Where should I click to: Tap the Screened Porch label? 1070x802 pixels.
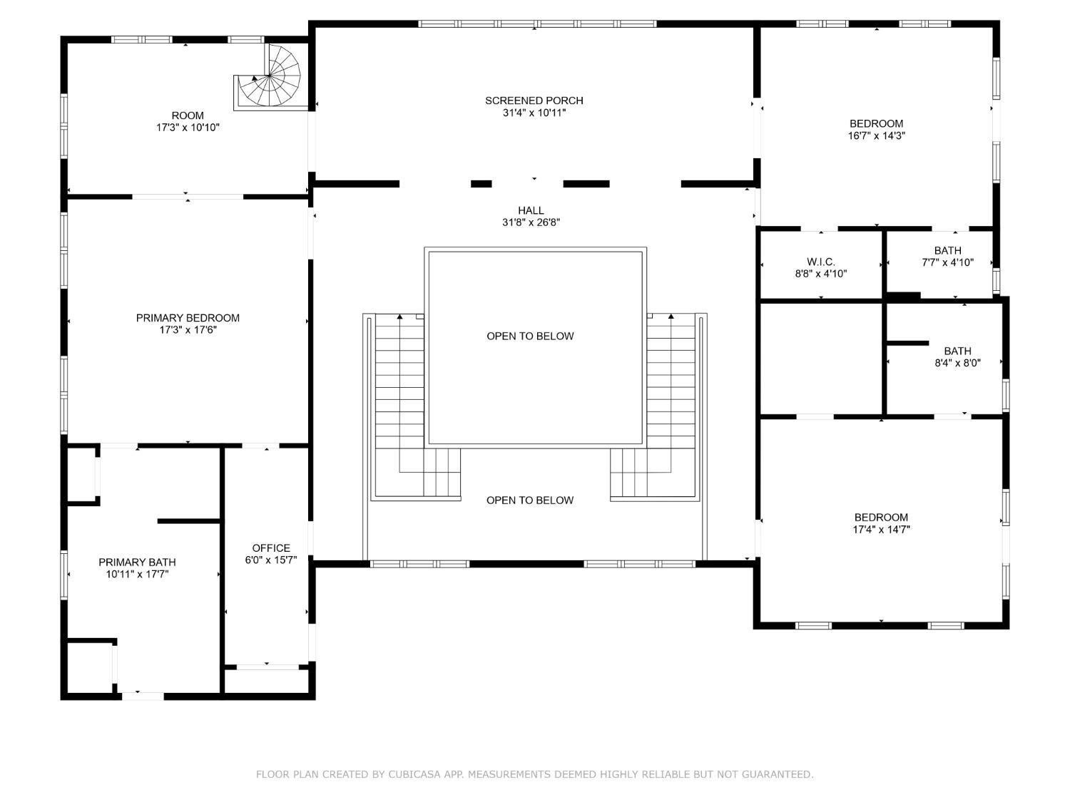[x=534, y=101]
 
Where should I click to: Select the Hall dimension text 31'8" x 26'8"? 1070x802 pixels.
[x=531, y=222]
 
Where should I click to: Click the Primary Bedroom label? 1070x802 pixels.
[x=188, y=318]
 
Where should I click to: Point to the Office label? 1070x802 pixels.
[x=271, y=548]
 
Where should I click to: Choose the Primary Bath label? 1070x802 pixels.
[x=137, y=562]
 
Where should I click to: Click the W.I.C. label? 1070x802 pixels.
[x=820, y=262]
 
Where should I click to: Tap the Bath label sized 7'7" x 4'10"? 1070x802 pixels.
[x=947, y=251]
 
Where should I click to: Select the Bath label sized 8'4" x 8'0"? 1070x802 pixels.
[x=957, y=351]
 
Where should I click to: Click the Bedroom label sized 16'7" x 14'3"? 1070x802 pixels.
[x=876, y=123]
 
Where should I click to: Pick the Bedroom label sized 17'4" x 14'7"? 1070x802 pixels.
[x=881, y=518]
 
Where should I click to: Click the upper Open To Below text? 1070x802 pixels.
[x=530, y=336]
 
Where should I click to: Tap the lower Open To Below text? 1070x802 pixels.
[x=530, y=500]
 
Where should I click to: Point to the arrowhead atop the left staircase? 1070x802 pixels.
[x=400, y=316]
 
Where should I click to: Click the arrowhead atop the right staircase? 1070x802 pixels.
[x=671, y=316]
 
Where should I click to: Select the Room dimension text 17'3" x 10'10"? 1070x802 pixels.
[x=188, y=128]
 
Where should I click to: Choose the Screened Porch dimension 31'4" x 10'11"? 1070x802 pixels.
[x=534, y=113]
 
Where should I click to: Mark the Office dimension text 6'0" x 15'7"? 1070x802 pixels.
[x=271, y=560]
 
